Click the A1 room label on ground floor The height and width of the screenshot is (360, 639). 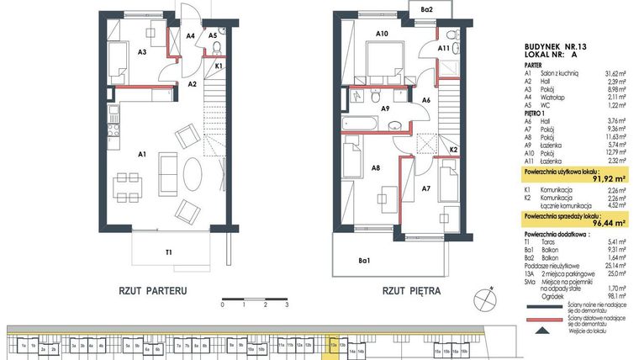[142, 154]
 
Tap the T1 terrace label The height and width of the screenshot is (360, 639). [169, 251]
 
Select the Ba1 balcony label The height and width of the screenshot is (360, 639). [364, 261]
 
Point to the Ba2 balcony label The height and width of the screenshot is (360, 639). [426, 9]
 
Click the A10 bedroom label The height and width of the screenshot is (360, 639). [381, 34]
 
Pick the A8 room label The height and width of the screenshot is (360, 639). [377, 168]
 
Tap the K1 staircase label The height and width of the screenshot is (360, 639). [219, 66]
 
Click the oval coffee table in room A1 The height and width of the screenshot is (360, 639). [192, 174]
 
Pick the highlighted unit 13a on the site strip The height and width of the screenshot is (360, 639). [334, 345]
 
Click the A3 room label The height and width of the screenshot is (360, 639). [143, 52]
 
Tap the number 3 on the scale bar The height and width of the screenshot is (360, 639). [287, 306]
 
